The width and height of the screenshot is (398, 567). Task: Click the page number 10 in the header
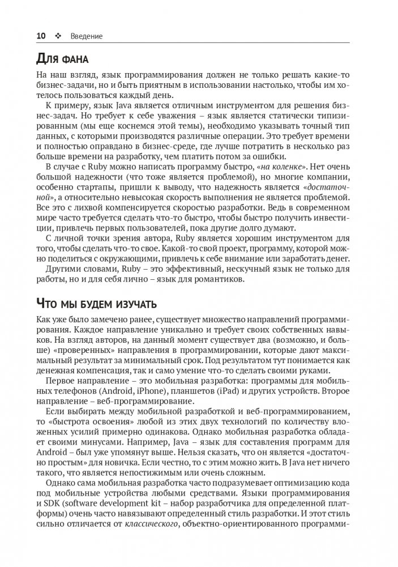click(41, 36)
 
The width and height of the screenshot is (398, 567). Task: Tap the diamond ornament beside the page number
click(58, 36)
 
